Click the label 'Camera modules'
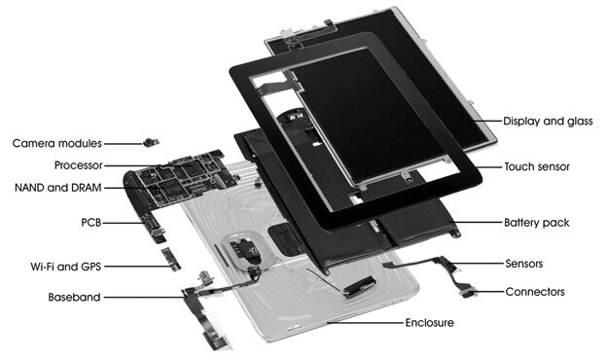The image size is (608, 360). pyautogui.click(x=56, y=144)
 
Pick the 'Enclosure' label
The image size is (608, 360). pyautogui.click(x=429, y=321)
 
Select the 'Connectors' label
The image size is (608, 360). pyautogui.click(x=534, y=291)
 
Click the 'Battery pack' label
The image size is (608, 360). pyautogui.click(x=536, y=222)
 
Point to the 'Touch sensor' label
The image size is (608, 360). pyautogui.click(x=537, y=167)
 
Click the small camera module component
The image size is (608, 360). pyautogui.click(x=149, y=143)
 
